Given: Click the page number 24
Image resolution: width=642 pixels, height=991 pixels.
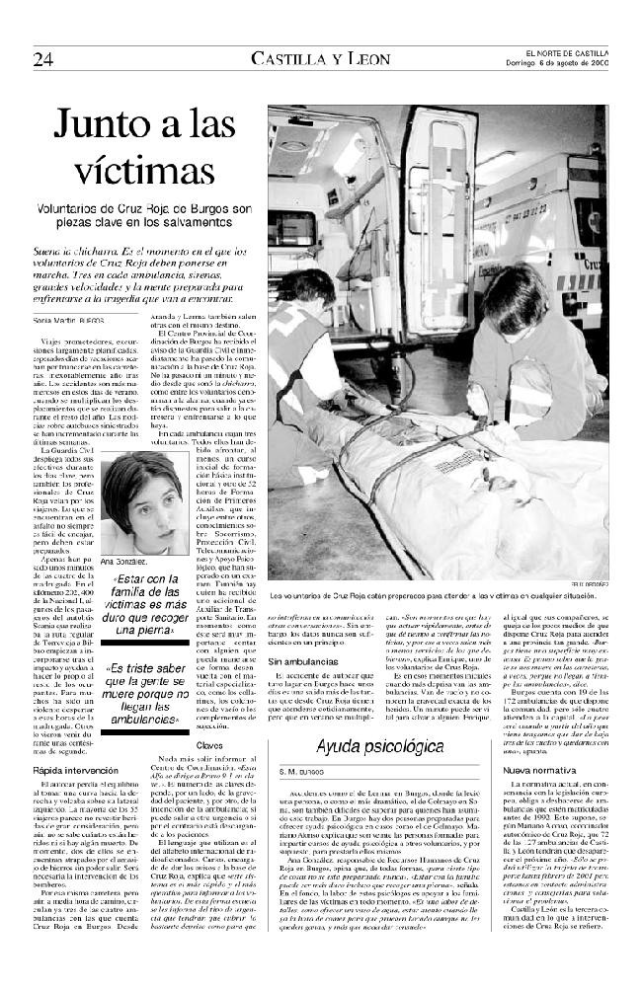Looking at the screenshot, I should click(x=43, y=57).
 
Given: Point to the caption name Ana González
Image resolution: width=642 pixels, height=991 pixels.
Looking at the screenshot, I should click(x=124, y=561).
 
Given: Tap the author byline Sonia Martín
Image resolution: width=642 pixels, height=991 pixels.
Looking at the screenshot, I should click(x=68, y=323).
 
